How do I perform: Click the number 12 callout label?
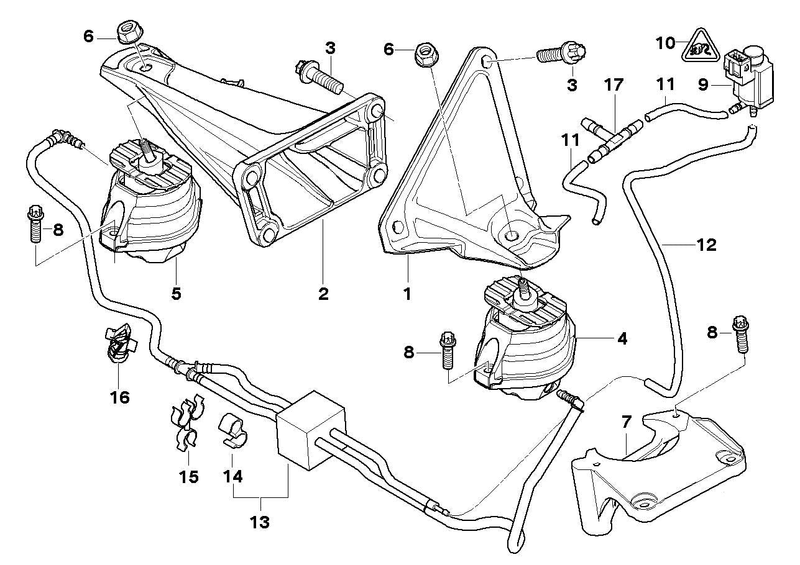click(x=706, y=245)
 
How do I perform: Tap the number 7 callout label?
click(x=626, y=423)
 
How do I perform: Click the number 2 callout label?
click(x=323, y=293)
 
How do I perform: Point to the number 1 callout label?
click(x=407, y=293)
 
